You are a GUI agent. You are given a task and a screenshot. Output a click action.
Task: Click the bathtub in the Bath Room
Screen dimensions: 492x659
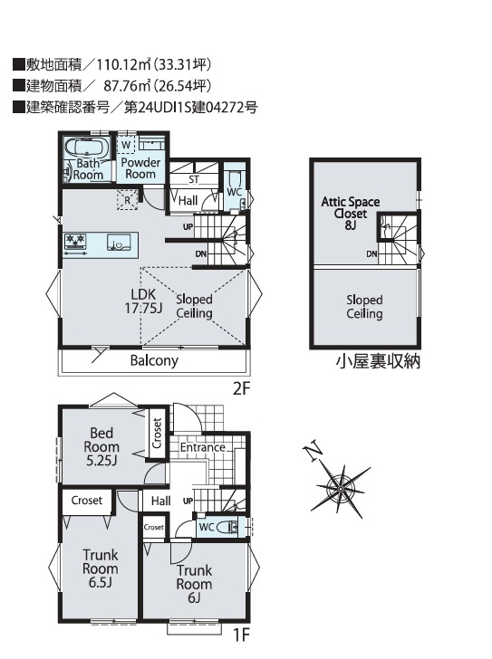point(87,148)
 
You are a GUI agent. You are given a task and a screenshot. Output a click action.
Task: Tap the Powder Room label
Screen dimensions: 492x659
point(140,168)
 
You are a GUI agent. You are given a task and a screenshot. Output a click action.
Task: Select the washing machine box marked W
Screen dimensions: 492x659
point(126,145)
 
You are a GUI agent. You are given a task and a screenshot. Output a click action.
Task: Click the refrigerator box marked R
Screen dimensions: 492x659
point(128,200)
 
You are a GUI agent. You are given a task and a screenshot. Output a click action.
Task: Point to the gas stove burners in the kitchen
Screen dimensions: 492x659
point(75,241)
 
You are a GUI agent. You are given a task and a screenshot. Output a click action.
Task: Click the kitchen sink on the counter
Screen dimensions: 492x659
point(117,243)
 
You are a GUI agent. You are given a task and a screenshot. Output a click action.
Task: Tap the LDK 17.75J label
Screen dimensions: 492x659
point(143,301)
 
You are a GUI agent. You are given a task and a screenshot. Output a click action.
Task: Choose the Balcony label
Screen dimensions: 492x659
point(154,360)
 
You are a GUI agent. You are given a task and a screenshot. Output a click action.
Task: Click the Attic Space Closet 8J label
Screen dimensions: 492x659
point(351,213)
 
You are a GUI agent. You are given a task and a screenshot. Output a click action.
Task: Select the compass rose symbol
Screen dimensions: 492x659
point(340,490)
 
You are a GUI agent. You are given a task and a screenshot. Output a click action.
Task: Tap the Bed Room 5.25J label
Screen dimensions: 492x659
point(101,447)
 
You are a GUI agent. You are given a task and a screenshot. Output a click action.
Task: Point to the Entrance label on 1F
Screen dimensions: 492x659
point(203,447)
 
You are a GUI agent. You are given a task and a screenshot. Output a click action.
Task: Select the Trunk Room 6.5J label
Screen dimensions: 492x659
point(100,568)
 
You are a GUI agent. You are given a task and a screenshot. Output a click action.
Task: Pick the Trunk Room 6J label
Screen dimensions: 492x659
point(194,584)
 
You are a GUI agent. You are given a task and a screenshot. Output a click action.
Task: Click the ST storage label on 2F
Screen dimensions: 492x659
point(193,179)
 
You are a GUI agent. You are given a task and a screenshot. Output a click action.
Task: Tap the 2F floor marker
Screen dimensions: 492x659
point(241,388)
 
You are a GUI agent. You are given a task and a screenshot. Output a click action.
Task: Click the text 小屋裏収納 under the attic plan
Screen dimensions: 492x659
point(378,361)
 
